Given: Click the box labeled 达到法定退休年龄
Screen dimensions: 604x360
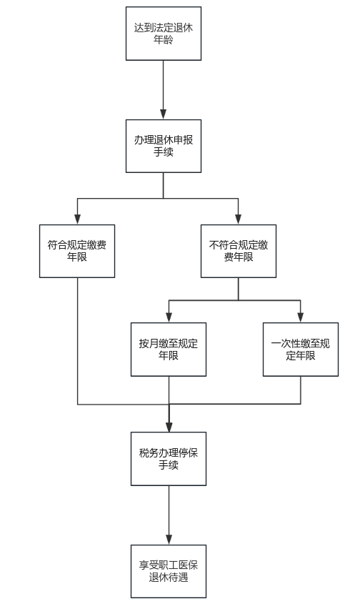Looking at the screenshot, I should click(163, 34).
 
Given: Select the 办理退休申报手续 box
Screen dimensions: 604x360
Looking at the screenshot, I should click(163, 146).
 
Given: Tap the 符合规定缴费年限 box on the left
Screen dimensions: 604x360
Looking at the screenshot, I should click(77, 251).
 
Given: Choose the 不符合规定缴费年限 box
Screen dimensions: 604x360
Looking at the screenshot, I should click(239, 251).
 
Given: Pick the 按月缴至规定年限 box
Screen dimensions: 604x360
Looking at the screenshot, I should click(169, 349).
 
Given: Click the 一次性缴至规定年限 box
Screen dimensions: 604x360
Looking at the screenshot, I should click(300, 349).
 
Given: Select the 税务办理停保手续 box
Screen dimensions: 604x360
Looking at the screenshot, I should click(169, 458).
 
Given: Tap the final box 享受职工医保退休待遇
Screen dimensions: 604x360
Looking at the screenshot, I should click(169, 570).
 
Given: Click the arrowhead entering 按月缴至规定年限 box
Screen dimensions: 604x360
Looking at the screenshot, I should click(169, 317).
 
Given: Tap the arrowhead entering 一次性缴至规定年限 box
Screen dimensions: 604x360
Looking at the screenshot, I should click(300, 317).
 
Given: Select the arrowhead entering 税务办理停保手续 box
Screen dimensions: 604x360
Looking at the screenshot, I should click(169, 427).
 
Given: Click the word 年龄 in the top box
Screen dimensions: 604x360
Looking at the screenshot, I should click(163, 40).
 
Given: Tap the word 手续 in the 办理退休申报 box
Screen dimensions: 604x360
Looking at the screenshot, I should click(163, 152).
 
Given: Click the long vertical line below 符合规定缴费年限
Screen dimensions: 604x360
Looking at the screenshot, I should click(77, 340).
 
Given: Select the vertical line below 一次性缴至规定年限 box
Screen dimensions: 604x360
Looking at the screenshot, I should click(300, 390).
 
